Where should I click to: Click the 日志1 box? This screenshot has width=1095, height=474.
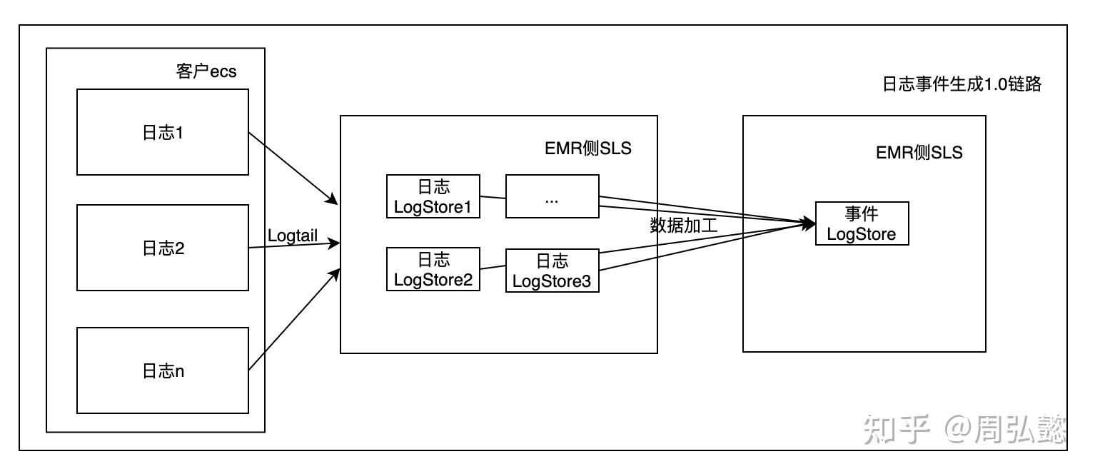pos(163,132)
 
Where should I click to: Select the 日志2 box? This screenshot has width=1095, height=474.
pos(163,248)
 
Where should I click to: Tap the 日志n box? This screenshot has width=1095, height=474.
pos(163,370)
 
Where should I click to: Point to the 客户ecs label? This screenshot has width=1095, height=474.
pos(206,71)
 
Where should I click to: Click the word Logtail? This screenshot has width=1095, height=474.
pos(293,235)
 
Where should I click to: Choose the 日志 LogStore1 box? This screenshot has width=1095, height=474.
pos(433,196)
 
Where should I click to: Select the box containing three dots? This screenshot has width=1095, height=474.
pos(552,196)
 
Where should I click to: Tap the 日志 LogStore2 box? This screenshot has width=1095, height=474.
pos(433,268)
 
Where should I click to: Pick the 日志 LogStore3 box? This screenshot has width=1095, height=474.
pos(552,271)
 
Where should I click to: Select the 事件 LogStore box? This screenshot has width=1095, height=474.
pos(862,223)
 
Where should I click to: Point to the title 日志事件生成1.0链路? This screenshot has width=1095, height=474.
pos(962,84)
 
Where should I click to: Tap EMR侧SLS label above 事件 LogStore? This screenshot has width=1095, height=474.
pos(919,152)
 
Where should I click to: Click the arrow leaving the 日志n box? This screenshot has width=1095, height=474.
pos(293,319)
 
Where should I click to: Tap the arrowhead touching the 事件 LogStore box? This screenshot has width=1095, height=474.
pos(809,223)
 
